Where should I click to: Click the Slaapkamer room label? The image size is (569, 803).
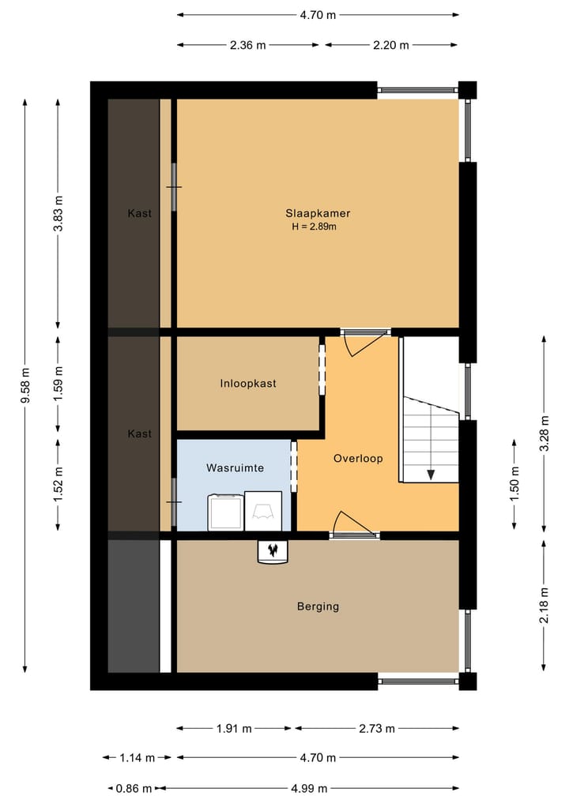318,212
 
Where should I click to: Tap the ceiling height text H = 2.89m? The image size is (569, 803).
314,227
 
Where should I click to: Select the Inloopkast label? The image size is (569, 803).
248,383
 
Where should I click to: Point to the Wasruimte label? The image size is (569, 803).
235,467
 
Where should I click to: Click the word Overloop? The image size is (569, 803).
358,458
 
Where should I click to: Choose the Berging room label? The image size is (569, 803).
318,606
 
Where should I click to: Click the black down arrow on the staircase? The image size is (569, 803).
431,474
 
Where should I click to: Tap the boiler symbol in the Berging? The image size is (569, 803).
273,550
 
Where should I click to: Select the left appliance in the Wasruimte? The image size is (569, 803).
226,512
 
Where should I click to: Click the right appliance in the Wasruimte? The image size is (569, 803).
263,511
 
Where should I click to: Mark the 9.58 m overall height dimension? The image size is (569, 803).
25,385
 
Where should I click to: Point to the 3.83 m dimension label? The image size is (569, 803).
58,213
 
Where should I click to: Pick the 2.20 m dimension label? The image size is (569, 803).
391,45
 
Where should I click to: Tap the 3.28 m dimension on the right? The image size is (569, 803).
544,433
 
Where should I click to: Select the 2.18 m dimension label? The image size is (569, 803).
544,605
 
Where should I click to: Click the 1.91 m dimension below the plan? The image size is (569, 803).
233,728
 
